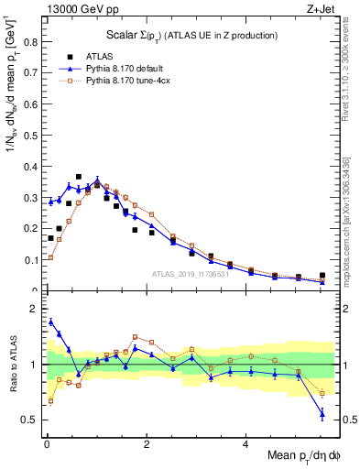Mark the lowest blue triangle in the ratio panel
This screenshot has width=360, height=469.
(322, 414)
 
